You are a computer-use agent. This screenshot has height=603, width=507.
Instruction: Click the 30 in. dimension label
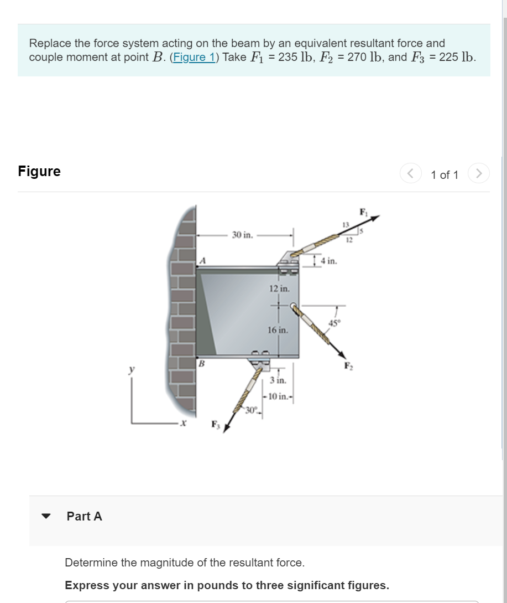tap(242, 235)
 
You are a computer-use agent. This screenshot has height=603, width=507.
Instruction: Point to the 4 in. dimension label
tap(329, 260)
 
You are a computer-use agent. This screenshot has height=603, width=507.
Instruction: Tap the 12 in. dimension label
tap(279, 288)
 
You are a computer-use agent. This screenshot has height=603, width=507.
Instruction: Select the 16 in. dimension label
tap(278, 330)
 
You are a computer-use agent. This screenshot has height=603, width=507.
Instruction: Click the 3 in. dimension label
tap(278, 381)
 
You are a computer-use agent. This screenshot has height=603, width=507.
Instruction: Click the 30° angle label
tap(252, 410)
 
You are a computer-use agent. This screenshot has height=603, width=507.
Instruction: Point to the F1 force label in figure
tap(363, 211)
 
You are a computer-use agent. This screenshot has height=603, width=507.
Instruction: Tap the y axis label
tap(132, 369)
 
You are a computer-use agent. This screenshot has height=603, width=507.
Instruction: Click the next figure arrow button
tap(479, 174)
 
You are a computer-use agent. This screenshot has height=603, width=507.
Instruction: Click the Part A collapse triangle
tap(46, 516)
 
